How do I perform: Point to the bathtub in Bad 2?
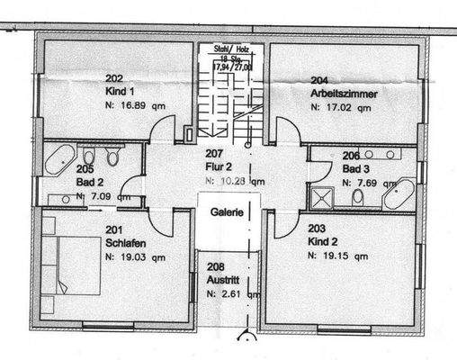click(59, 161)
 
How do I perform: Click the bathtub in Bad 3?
click(398, 193)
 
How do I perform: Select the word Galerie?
click(228, 213)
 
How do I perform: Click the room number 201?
click(112, 229)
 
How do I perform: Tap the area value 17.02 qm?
click(341, 106)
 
